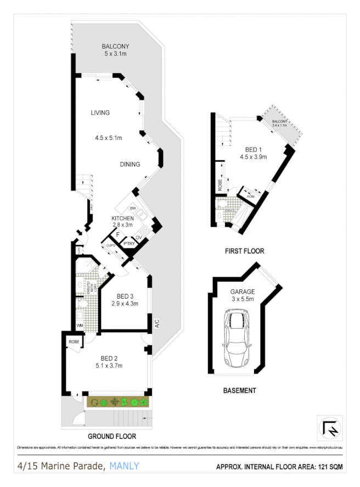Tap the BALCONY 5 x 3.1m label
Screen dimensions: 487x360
tap(116, 50)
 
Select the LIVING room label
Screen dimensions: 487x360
tap(100, 113)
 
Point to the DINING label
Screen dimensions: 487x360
tap(130, 164)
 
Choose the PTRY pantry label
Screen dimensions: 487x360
tap(129, 244)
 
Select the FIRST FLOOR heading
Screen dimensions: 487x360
tap(244, 251)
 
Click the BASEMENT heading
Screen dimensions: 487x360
tap(239, 391)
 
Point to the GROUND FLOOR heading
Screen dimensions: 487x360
tap(112, 436)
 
